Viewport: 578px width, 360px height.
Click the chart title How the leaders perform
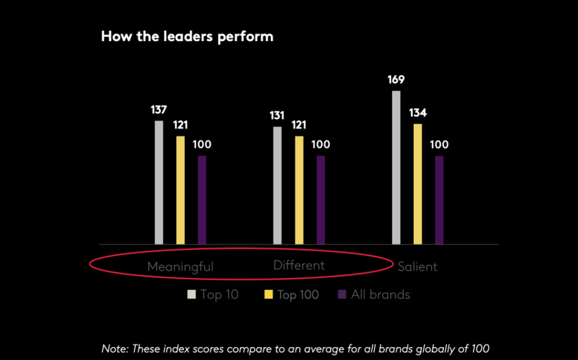[187, 37]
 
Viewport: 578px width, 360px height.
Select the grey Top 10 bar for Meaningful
[159, 182]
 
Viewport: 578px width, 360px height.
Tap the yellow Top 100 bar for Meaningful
[180, 190]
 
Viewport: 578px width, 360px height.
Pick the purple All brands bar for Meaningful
[202, 200]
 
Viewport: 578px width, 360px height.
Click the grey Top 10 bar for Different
[277, 185]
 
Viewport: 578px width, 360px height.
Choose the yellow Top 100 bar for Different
[299, 190]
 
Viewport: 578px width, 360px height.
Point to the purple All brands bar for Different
[321, 200]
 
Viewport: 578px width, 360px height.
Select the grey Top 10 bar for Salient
[396, 167]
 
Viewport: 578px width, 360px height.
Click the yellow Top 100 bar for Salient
[417, 184]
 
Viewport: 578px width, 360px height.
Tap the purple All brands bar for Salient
[439, 200]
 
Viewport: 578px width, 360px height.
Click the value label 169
[396, 80]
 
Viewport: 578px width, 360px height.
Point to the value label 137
[159, 109]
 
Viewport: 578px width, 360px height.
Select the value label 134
[418, 113]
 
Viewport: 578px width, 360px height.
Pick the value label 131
[277, 115]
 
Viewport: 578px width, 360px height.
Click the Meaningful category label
[181, 267]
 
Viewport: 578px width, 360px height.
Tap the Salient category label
[418, 267]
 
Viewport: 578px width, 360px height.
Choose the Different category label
[299, 265]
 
